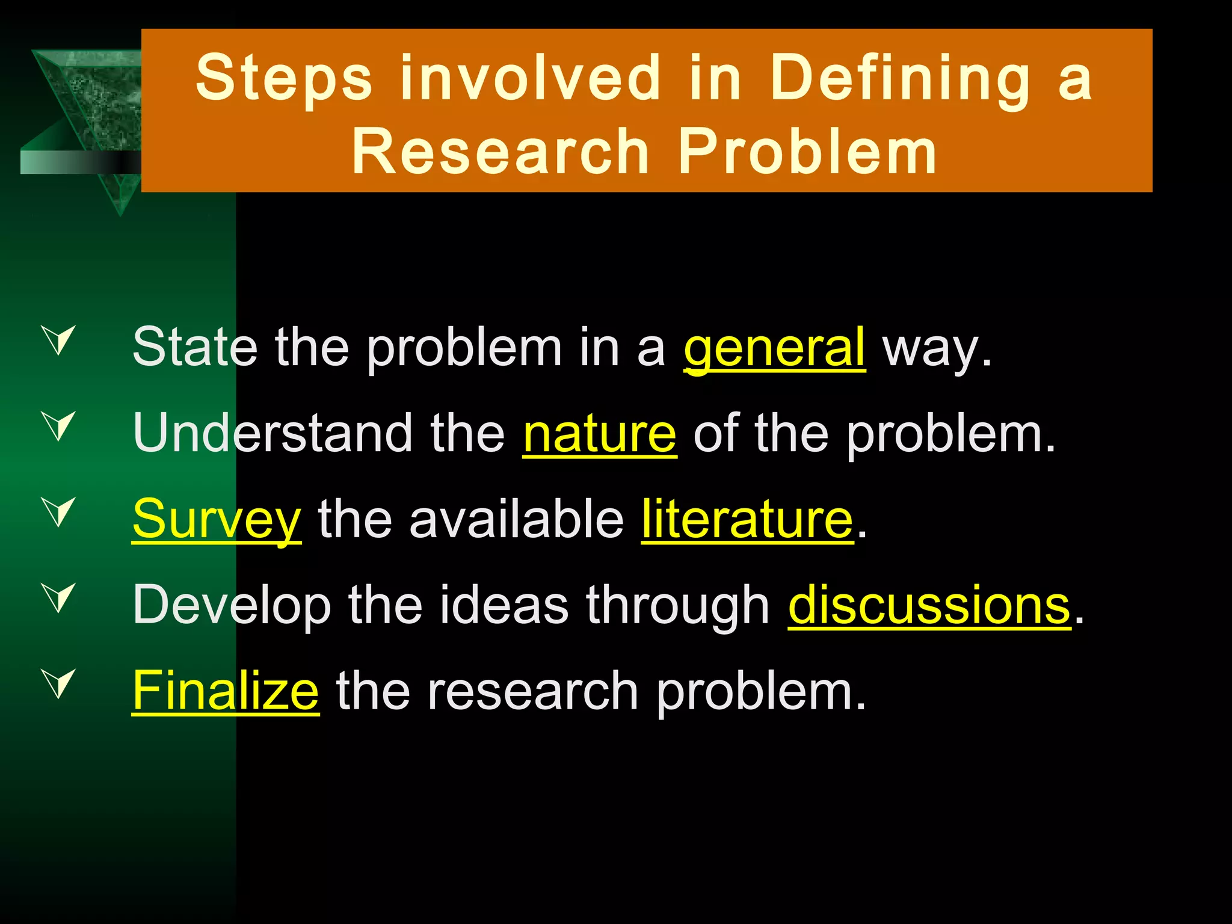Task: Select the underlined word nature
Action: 599,434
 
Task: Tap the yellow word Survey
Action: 216,519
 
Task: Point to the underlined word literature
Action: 747,519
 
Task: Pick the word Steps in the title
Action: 284,78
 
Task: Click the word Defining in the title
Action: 900,78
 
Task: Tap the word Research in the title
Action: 500,152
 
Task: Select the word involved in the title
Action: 531,78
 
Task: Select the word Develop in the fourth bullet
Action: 232,605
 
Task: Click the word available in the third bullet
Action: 516,519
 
